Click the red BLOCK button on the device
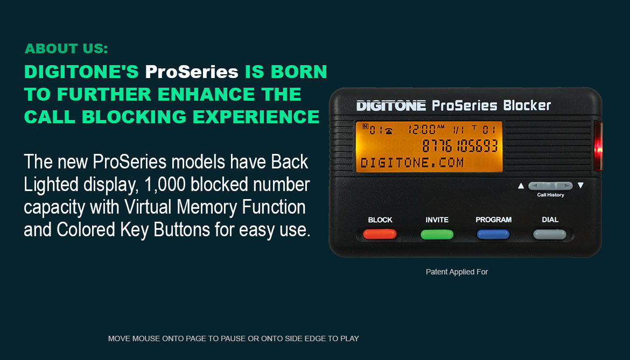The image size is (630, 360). pos(380,234)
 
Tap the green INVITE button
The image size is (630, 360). pos(437,235)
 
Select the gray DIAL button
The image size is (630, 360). pos(550,235)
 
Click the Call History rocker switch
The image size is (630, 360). pos(550,186)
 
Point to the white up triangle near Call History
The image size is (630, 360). pos(521,186)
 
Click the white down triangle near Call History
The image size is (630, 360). pos(580,186)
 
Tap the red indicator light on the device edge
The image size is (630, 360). pos(598,147)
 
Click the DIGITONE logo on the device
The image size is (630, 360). pos(391,106)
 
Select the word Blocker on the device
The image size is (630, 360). pos(527,105)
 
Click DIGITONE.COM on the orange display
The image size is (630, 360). pos(412,163)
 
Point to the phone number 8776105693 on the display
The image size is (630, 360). pos(460,146)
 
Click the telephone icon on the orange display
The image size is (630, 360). pos(389,131)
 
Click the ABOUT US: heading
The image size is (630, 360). pos(66,48)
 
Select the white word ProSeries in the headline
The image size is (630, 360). pos(192,72)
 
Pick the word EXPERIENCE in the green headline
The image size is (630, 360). pos(256,117)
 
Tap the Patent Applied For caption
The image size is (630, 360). pos(457,272)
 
